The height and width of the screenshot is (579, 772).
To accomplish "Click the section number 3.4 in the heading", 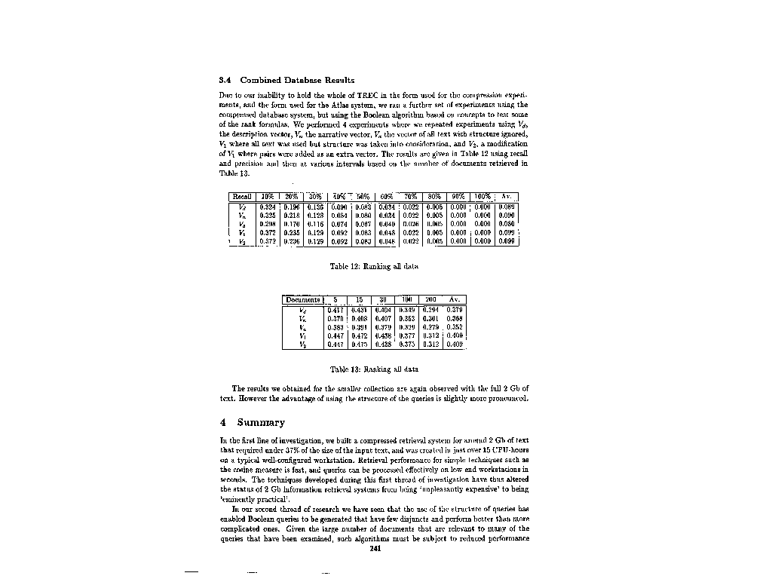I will click(x=225, y=80).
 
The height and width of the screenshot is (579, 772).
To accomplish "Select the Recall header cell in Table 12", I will click(x=242, y=198).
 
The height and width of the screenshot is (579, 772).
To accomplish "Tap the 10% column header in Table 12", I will click(x=266, y=198).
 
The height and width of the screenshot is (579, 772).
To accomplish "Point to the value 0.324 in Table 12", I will click(x=266, y=206).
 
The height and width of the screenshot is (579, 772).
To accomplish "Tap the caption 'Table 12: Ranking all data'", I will click(x=375, y=266).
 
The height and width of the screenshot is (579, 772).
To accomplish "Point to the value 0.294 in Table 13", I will click(x=430, y=309).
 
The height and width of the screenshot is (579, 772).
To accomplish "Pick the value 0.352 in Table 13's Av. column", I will click(x=454, y=327).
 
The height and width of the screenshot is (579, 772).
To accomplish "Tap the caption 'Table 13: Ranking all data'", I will click(x=375, y=369).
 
